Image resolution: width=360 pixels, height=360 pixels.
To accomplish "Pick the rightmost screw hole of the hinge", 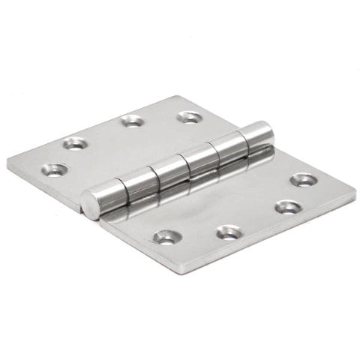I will (303, 179).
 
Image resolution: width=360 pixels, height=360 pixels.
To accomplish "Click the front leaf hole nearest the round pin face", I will (166, 238).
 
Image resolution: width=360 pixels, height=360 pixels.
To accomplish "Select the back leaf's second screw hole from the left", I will (75, 142).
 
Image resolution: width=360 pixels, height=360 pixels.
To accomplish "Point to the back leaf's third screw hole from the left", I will (133, 119).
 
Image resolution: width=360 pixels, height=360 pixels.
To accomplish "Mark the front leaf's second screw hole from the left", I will (228, 232).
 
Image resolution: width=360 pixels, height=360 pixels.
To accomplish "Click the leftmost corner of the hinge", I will (9, 163).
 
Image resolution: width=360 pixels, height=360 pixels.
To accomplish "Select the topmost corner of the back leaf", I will (177, 95).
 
